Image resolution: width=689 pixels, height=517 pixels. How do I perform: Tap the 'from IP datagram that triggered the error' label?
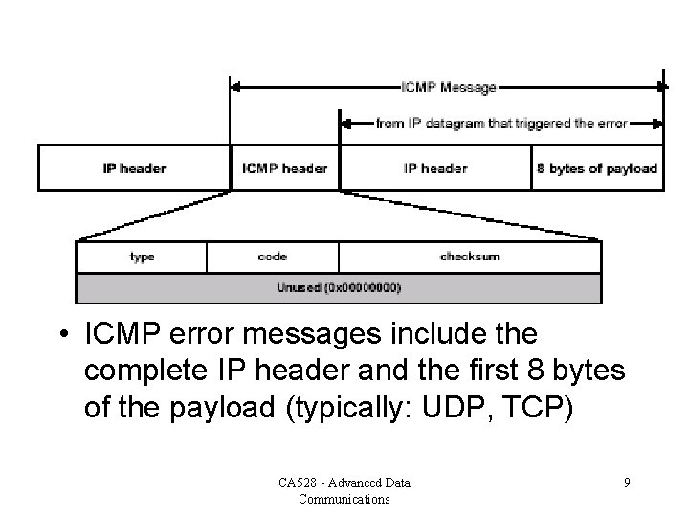pyautogui.click(x=501, y=123)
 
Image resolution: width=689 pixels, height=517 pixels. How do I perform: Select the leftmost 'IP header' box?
pyautogui.click(x=134, y=169)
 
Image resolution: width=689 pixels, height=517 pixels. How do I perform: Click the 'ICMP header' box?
pyautogui.click(x=285, y=169)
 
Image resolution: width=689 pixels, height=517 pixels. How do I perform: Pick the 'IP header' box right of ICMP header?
pyautogui.click(x=435, y=169)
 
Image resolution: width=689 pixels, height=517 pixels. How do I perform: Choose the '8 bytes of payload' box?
pyautogui.click(x=597, y=169)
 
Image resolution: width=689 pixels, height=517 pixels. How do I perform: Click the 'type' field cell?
pyautogui.click(x=142, y=257)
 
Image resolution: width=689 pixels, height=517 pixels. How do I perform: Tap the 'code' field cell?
pyautogui.click(x=273, y=257)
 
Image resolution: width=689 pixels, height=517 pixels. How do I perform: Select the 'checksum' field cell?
pyautogui.click(x=470, y=257)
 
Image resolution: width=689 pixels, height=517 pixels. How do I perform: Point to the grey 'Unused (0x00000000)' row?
pyautogui.click(x=339, y=287)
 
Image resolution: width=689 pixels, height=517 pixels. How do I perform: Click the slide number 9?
pyautogui.click(x=627, y=483)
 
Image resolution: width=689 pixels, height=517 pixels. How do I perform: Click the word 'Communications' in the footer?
pyautogui.click(x=343, y=499)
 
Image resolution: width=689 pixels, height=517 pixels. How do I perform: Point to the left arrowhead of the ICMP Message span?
pyautogui.click(x=235, y=87)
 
